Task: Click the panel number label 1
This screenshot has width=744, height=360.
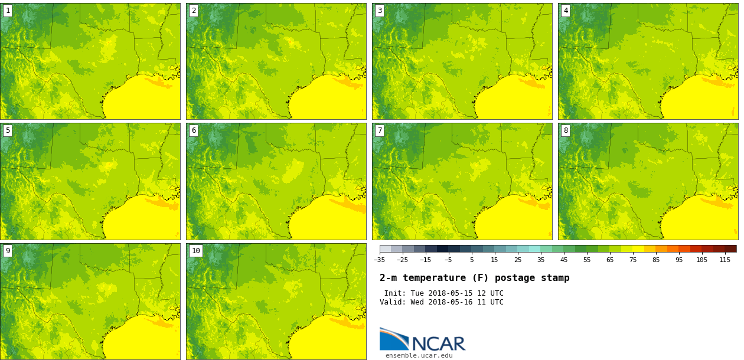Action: [x=8, y=11]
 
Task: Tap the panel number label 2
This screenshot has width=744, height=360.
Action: [x=194, y=11]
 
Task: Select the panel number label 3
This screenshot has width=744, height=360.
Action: [x=380, y=11]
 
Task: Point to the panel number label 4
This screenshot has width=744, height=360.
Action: [x=566, y=11]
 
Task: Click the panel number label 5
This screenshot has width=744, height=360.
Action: [x=8, y=130]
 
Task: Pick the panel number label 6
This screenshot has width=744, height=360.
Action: [x=194, y=130]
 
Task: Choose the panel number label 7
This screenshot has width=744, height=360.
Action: [x=380, y=130]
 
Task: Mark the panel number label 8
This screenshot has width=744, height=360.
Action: [x=566, y=130]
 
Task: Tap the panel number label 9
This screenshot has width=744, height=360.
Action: [x=8, y=251]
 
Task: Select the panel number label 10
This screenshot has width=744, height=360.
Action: [x=196, y=251]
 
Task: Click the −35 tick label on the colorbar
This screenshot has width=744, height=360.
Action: [x=379, y=260]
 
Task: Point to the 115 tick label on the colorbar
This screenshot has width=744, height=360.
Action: [x=725, y=260]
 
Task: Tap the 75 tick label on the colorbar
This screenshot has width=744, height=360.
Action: [x=633, y=260]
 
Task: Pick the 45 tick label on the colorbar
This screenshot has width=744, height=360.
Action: [x=564, y=260]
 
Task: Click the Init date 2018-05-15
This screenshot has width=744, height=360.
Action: [x=451, y=293]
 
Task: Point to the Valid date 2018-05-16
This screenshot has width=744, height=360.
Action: [x=451, y=302]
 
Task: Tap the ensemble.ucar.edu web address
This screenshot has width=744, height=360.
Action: [x=419, y=355]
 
